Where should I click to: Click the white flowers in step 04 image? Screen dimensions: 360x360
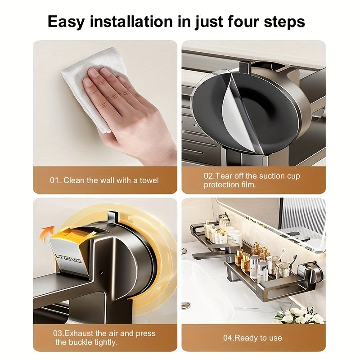(x=297, y=315)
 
